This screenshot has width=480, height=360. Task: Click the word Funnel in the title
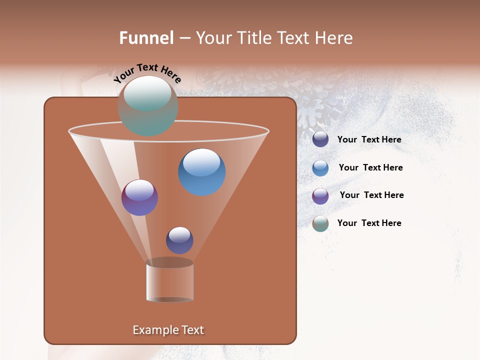click(x=146, y=38)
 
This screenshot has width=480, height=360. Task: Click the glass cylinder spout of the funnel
click(x=169, y=281)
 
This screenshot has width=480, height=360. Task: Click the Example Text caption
click(x=168, y=330)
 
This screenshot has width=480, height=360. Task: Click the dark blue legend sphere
click(x=320, y=139)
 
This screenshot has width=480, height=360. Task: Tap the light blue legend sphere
click(x=320, y=168)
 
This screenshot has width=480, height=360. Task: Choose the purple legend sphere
click(x=320, y=196)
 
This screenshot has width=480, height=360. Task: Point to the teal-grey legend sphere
click(x=320, y=223)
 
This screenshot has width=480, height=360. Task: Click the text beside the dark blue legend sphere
click(x=369, y=140)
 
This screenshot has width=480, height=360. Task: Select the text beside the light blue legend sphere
click(x=370, y=168)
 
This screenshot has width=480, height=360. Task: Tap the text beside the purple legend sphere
click(x=371, y=195)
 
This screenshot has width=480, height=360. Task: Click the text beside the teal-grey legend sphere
click(x=369, y=223)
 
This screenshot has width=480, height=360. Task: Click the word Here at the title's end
click(x=334, y=38)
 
